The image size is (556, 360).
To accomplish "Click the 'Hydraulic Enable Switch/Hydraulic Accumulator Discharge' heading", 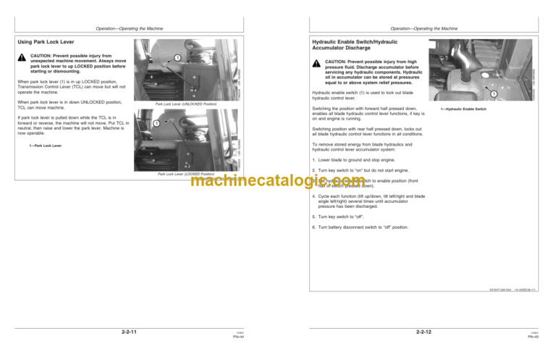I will (x=351, y=45).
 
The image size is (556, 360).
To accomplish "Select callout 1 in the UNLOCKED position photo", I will (x=177, y=57).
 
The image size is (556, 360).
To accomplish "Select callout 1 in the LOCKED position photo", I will (x=156, y=124).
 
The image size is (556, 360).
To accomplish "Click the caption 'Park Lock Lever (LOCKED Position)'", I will (x=181, y=175).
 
